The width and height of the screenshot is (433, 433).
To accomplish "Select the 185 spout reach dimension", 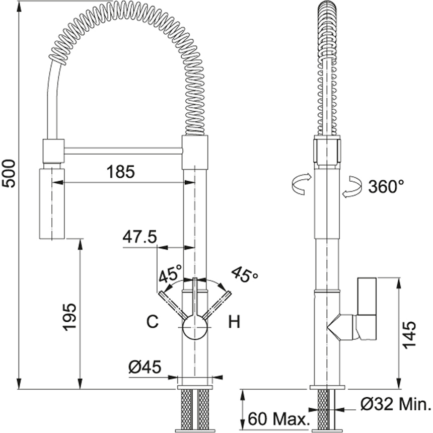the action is pyautogui.click(x=121, y=172).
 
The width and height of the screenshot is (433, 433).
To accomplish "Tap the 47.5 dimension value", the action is pyautogui.click(x=140, y=237).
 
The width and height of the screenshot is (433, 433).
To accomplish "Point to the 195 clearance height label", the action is pyautogui.click(x=69, y=317).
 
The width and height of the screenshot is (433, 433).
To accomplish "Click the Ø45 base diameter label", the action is pyautogui.click(x=145, y=367).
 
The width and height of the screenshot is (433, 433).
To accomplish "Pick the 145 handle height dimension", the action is pyautogui.click(x=409, y=335).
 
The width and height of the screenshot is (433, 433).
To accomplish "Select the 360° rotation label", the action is pyautogui.click(x=386, y=186).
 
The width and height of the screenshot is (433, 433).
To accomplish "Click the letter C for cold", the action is pyautogui.click(x=153, y=321).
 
